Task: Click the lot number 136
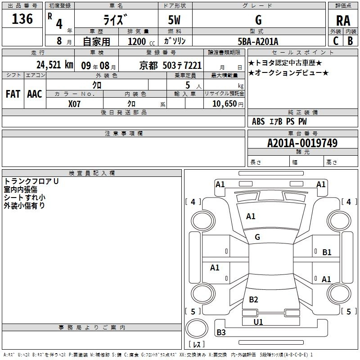click(22, 19)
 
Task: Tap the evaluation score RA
click(343, 20)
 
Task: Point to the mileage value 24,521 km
click(54, 65)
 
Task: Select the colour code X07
click(75, 103)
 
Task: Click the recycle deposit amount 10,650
click(224, 103)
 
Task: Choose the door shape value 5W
click(175, 20)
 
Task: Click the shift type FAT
click(13, 94)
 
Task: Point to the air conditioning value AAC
click(35, 94)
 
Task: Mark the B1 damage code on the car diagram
click(327, 252)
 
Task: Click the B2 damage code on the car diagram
click(253, 300)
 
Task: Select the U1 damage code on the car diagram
click(258, 322)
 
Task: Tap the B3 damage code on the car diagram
click(221, 333)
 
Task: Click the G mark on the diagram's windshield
click(257, 237)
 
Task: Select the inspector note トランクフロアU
click(31, 181)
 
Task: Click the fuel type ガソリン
click(175, 41)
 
